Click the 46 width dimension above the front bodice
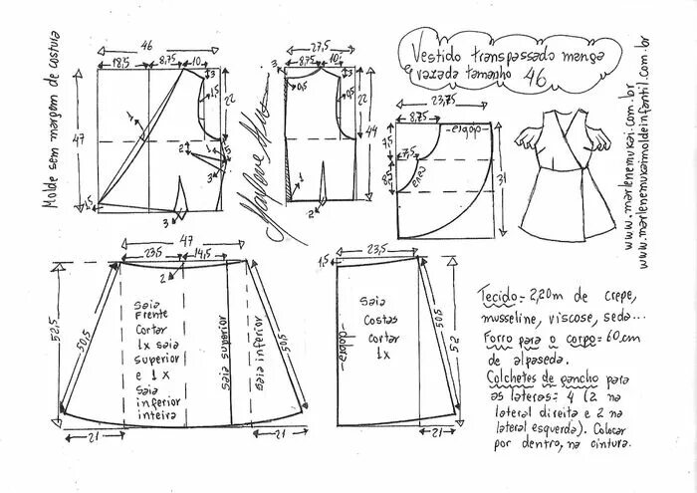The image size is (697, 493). click(x=146, y=45)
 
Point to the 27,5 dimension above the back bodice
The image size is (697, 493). click(x=320, y=46)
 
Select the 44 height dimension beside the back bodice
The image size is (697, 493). click(x=370, y=131)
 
